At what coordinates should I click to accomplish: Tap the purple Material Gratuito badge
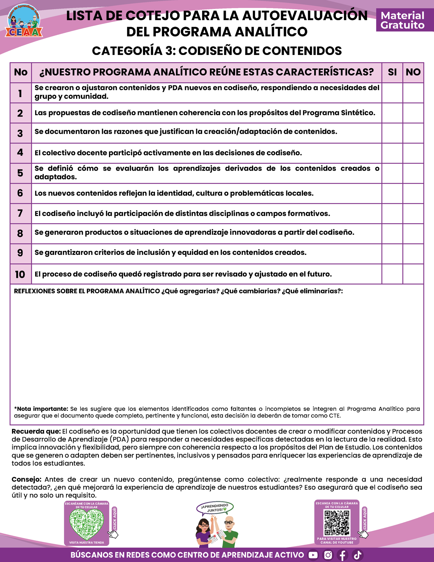402,20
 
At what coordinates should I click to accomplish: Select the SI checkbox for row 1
392,93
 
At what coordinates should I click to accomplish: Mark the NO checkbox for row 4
413,153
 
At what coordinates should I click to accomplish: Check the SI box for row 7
392,214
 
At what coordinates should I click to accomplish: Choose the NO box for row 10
413,274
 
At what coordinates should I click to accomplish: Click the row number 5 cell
20,173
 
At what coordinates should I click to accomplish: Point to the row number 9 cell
20,253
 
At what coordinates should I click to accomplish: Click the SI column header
392,72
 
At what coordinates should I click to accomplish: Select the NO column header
413,72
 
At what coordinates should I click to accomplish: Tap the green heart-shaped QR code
86,525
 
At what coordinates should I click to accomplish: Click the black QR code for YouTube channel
337,523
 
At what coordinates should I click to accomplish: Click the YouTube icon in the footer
313,555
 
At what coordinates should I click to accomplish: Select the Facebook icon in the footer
343,555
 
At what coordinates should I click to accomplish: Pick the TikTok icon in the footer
357,555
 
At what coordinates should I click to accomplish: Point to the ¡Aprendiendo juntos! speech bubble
215,508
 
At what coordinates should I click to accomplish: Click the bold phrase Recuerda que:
36,432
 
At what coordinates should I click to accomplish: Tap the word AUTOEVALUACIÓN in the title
305,16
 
